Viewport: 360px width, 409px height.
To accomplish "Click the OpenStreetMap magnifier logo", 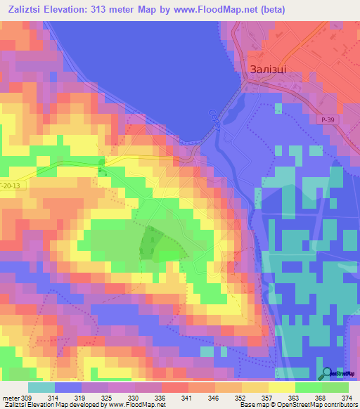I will point(327,375).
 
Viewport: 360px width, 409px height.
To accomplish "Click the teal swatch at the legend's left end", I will point(41,387).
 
